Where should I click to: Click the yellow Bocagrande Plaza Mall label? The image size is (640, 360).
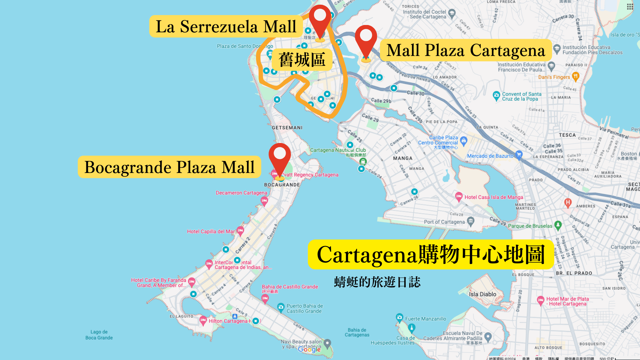pos(169,167)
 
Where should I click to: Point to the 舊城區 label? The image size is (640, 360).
pos(302,60)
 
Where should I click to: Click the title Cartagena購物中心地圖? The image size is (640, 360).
pos(431,254)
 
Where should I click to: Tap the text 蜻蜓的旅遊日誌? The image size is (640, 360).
pos(377,282)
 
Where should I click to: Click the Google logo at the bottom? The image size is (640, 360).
pos(309,349)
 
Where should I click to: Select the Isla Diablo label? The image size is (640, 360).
pos(482,294)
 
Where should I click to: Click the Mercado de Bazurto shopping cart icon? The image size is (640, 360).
pos(519,155)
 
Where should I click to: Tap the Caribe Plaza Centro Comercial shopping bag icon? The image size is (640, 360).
pos(464,140)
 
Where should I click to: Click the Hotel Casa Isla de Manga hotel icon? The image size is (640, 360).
pos(459,196)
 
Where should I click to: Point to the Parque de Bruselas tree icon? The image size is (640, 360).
pos(558,225)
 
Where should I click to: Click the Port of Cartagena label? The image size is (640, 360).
pos(444,222)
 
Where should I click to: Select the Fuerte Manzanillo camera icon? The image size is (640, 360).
pos(399,317)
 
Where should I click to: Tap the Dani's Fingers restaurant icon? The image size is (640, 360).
pos(575,77)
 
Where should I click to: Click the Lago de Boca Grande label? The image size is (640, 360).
pos(99,335)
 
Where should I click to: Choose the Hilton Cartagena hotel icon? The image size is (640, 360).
pos(203,320)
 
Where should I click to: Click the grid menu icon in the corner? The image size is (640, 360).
pos(630,7)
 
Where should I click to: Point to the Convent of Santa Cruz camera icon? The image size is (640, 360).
pos(496,95)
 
